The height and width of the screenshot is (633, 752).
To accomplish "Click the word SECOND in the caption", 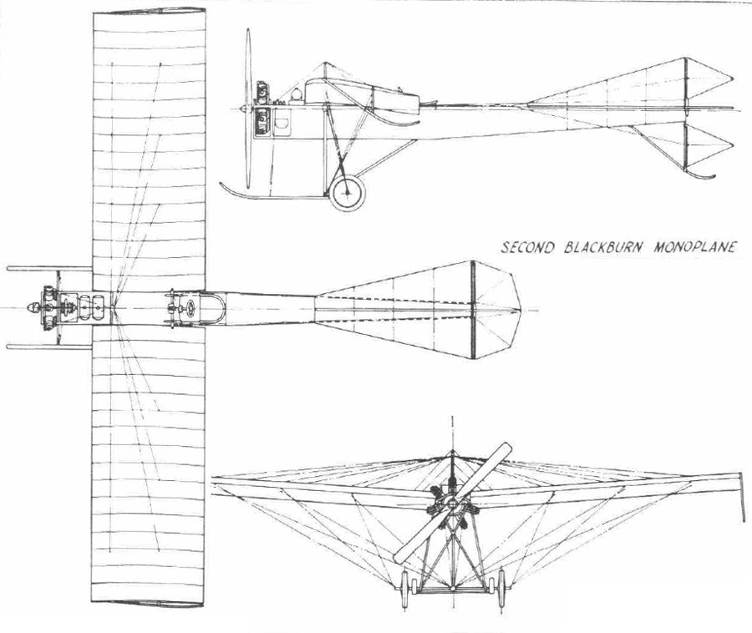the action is [x=527, y=247].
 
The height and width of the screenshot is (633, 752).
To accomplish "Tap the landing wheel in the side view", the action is [x=348, y=193].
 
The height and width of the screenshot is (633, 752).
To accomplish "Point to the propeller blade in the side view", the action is [x=248, y=109].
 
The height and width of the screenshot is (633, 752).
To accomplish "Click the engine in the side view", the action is [x=262, y=109].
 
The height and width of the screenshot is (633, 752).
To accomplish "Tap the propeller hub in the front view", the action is [x=452, y=504].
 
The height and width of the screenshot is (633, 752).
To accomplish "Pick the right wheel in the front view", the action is [x=501, y=589].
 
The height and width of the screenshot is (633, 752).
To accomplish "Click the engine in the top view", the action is [x=48, y=307].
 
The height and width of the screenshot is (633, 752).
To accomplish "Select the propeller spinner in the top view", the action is [x=33, y=307].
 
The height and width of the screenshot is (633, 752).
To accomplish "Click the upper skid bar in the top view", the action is [x=49, y=269].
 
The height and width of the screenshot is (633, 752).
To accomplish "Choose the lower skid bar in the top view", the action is [x=49, y=347].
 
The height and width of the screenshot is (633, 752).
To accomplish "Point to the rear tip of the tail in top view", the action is [x=521, y=310].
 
